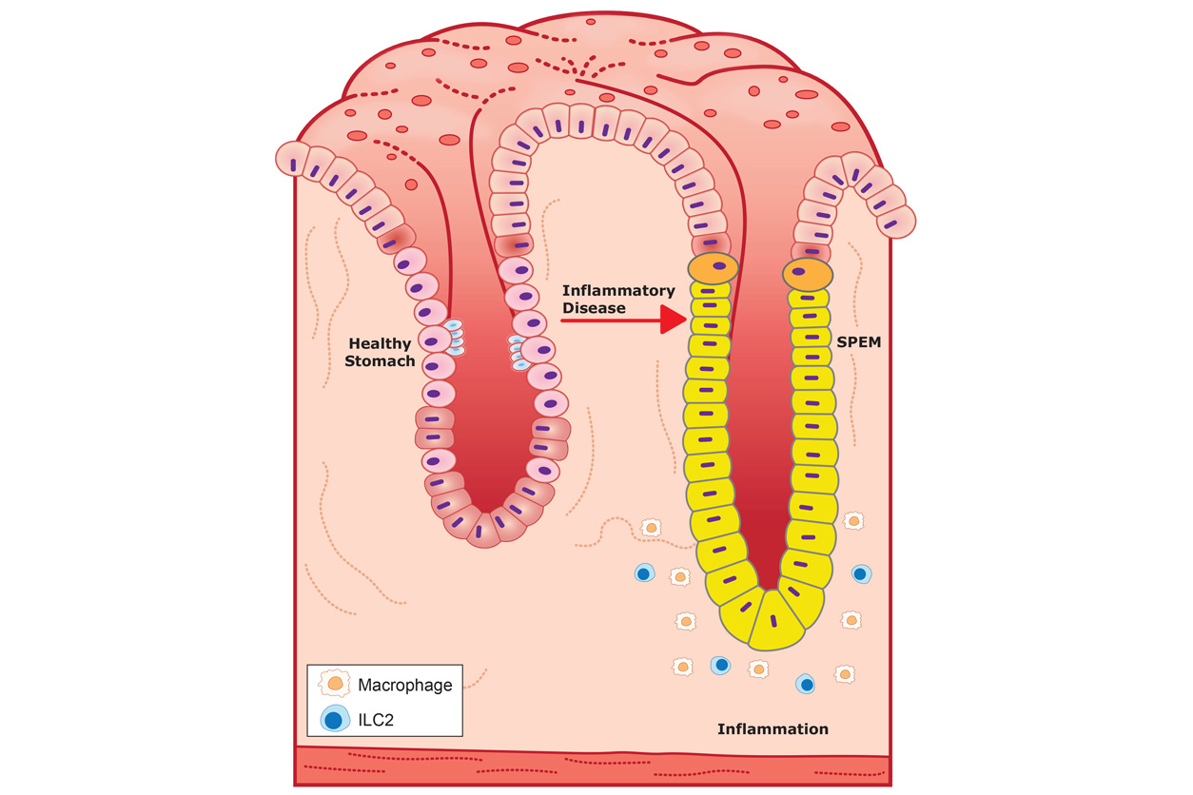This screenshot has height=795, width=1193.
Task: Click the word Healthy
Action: (380, 343)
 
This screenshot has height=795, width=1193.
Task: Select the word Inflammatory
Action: (617, 290)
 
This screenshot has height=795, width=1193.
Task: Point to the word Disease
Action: (594, 307)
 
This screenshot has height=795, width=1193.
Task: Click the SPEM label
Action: (859, 341)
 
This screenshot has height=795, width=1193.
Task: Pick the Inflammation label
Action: (773, 729)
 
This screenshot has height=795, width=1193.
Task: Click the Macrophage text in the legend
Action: (404, 684)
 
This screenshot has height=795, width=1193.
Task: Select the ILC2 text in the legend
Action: (377, 720)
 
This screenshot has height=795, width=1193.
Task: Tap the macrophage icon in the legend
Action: (332, 683)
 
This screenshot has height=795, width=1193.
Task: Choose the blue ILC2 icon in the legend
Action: (332, 719)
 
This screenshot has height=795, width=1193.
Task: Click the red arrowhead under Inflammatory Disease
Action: (672, 320)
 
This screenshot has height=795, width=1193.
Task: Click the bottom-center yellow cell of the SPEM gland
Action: (773, 620)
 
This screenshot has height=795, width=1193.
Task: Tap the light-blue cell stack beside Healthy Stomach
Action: (455, 339)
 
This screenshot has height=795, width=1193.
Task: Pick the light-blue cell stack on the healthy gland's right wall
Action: (518, 352)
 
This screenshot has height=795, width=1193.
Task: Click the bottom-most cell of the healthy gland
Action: (484, 531)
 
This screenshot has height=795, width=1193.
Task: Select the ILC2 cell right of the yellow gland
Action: (860, 573)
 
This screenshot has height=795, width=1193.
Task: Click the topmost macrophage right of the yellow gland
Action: (853, 520)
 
